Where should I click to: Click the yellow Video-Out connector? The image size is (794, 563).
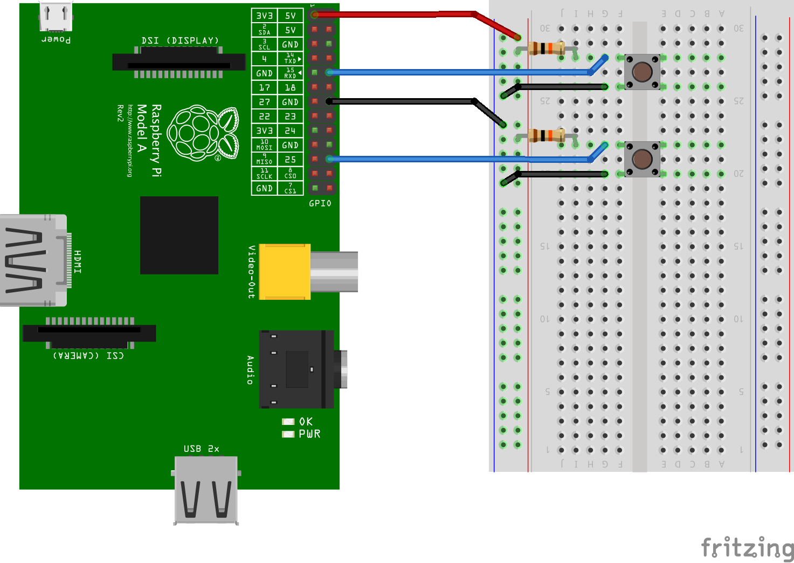tap(285, 272)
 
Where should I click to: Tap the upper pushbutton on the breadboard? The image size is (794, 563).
tap(642, 72)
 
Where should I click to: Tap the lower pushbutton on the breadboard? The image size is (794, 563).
tap(642, 159)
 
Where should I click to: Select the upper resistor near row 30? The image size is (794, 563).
tap(547, 48)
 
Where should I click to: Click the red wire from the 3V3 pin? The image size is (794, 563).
tap(393, 15)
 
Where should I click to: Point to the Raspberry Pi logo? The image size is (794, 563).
tap(203, 133)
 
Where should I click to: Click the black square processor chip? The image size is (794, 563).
tap(179, 235)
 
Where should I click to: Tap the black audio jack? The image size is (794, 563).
tap(296, 369)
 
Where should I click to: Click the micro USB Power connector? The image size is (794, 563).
tap(56, 16)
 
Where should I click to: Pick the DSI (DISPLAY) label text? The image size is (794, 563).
tap(180, 40)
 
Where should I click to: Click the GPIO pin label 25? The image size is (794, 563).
tap(290, 160)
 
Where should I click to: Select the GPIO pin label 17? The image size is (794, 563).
tap(264, 87)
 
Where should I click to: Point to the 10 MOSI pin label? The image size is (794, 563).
tap(264, 145)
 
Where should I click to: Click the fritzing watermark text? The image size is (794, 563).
tap(747, 548)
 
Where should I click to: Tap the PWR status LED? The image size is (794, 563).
tap(288, 434)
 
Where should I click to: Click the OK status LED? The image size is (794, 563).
tap(288, 422)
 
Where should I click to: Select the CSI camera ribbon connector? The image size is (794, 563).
tap(89, 333)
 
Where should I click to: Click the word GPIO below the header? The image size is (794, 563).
tap(320, 203)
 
